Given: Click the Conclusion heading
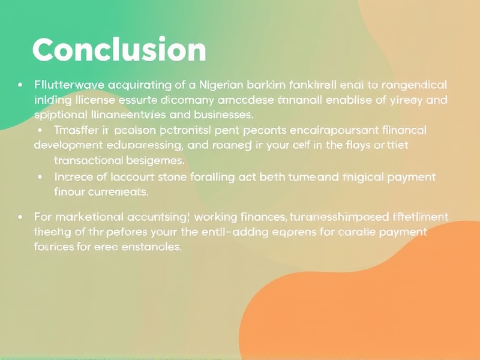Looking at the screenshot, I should click(119, 50).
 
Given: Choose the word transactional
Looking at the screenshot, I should click(89, 160).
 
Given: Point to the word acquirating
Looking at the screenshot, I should click(135, 85).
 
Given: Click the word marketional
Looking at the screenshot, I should click(88, 217).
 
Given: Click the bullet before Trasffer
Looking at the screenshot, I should click(40, 130).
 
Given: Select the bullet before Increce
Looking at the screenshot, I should click(40, 177).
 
